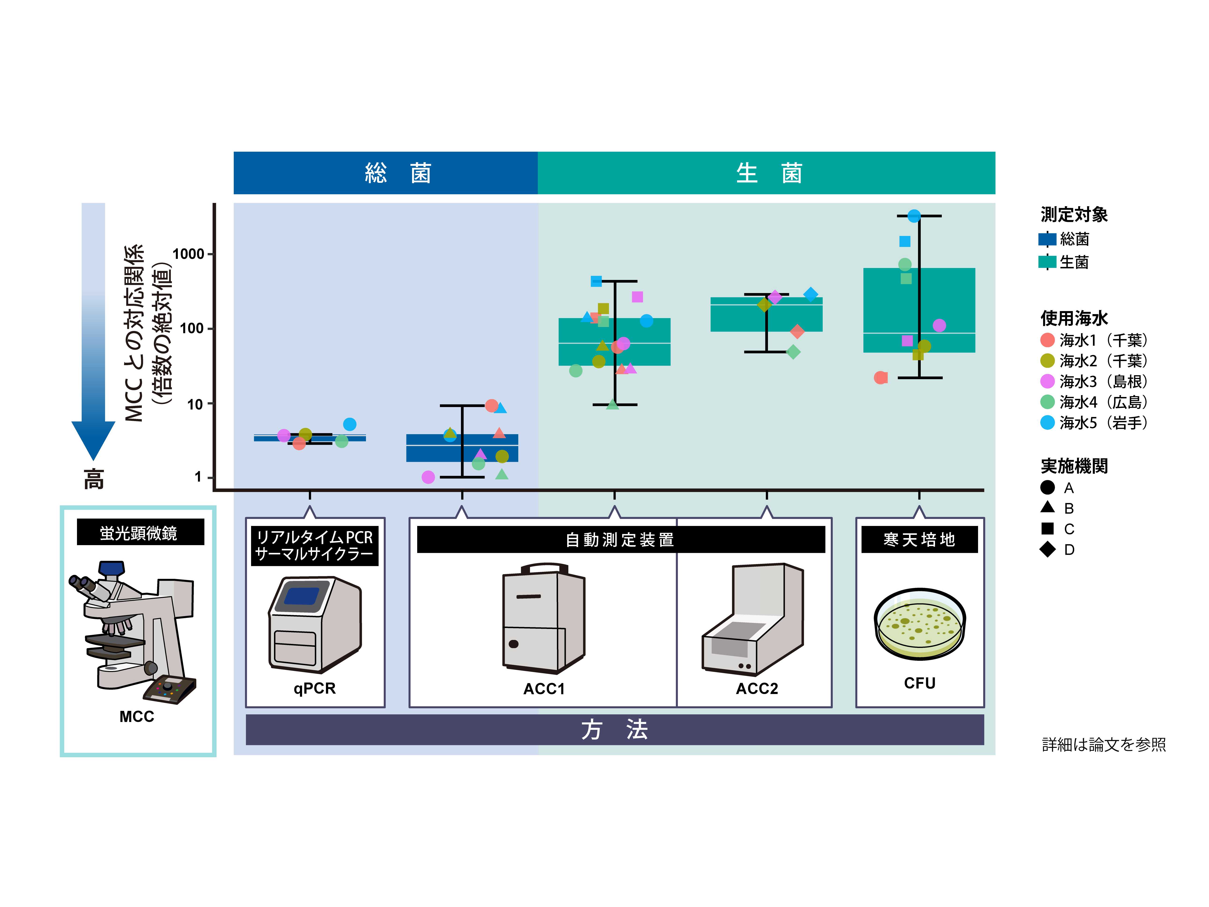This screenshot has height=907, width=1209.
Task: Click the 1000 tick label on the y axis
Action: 188,254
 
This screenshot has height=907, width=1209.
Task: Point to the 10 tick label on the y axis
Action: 195,404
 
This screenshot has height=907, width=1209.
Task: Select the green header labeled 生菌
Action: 766,173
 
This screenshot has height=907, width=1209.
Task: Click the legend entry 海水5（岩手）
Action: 1094,423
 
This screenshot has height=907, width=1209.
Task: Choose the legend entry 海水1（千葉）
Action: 1094,340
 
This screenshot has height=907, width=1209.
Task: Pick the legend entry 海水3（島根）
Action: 1094,381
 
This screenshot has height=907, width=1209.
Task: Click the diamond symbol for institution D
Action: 1047,549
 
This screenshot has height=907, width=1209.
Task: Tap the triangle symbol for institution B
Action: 1047,507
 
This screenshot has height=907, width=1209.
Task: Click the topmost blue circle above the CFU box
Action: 914,216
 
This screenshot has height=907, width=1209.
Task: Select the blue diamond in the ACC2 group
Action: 811,294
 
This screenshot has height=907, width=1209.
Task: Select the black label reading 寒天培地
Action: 919,540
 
